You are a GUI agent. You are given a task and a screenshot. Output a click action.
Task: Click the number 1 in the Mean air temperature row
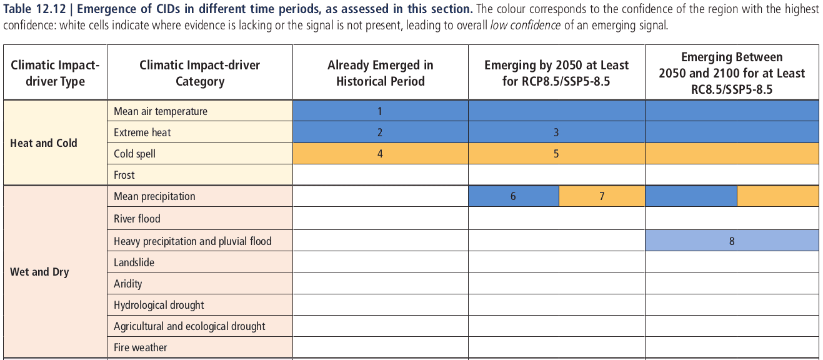point(379,111)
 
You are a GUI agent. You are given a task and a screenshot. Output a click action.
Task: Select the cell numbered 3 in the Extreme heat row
point(556,132)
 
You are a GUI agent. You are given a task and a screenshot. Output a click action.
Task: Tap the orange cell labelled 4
point(379,154)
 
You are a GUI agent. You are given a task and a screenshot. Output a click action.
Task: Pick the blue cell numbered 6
point(513,196)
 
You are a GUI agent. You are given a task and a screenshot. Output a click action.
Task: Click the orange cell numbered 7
point(602,196)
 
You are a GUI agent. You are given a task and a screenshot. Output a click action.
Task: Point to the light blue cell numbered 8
point(732,241)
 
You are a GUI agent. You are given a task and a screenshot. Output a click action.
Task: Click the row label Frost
point(124,175)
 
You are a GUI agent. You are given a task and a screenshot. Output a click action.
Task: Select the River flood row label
point(137,219)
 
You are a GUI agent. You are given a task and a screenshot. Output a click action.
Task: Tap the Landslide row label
point(134,262)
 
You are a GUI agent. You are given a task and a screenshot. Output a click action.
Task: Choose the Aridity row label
point(128,284)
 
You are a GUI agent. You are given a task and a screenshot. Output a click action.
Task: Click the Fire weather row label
point(141,347)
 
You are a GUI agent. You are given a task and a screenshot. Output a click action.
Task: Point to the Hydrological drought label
point(159,305)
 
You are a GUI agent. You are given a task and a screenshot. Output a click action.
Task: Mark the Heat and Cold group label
point(44,143)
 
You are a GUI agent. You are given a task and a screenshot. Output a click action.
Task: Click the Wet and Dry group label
point(39,272)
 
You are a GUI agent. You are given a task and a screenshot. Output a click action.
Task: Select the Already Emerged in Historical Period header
point(380,73)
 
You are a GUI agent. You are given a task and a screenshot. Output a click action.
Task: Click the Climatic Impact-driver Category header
point(199,73)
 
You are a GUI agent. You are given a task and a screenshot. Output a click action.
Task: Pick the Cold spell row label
point(134,154)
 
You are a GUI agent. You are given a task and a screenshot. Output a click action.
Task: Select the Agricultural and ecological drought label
point(189,326)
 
